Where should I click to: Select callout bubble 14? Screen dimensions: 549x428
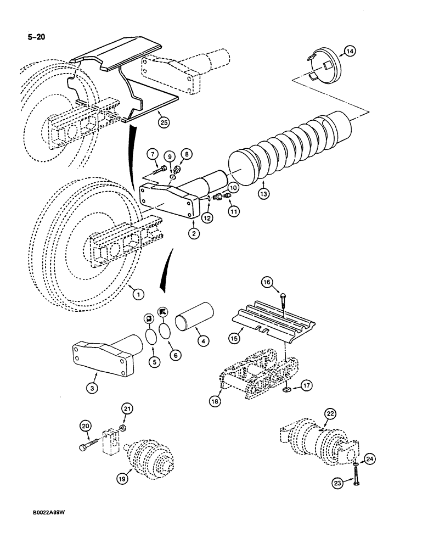click(x=350, y=52)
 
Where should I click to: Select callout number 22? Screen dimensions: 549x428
click(x=330, y=415)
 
